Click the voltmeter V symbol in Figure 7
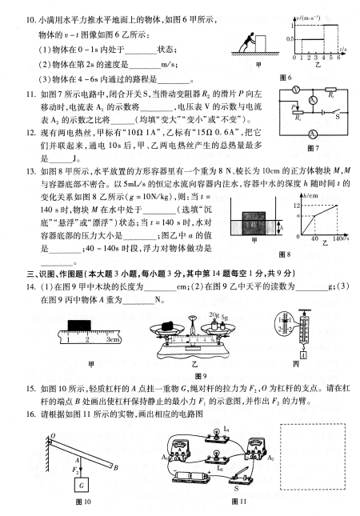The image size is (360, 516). point(296,89)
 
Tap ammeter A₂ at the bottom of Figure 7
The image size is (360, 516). point(312,134)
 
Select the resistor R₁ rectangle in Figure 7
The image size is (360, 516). point(330,90)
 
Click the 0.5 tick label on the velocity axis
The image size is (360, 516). point(290,39)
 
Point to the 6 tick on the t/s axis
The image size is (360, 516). point(338,58)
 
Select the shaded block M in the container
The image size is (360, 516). point(254,223)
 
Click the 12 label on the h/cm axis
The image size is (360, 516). point(297,206)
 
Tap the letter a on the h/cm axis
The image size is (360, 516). point(298,216)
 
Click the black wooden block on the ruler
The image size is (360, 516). point(79,326)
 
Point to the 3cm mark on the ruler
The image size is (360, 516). point(113,339)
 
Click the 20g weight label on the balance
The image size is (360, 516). point(214,315)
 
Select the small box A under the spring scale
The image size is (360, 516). point(303,355)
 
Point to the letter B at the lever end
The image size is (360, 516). point(116,468)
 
